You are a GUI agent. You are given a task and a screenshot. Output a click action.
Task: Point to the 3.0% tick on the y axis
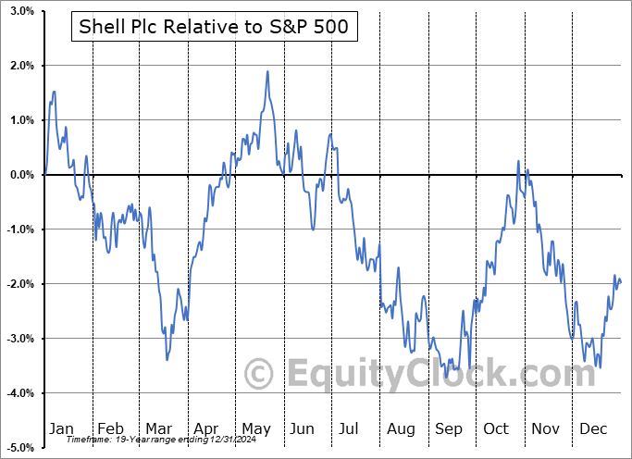tap(20, 11)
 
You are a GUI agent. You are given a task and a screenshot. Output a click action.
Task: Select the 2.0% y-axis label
tap(20, 66)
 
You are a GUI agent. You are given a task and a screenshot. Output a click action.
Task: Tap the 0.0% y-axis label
tap(20, 175)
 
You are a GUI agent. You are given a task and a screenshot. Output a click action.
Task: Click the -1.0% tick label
tap(19, 229)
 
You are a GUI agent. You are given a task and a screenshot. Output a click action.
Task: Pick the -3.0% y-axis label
tap(19, 339)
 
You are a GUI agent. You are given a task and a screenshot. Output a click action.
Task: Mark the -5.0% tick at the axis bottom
tap(19, 448)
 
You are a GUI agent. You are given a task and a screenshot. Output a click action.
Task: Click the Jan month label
tap(60, 428)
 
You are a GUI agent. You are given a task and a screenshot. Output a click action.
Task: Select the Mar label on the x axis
tap(159, 428)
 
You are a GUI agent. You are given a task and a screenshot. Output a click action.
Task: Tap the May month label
tap(255, 428)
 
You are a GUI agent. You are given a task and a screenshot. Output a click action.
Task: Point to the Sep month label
tap(448, 428)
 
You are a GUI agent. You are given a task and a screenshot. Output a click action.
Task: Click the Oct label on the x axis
tap(496, 428)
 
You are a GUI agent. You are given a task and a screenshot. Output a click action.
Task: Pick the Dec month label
tap(593, 428)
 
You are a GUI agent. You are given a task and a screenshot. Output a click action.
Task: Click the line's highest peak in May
tap(268, 71)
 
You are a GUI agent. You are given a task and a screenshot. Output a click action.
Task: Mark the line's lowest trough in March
tap(167, 359)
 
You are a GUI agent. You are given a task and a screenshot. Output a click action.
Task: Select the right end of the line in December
tap(620, 282)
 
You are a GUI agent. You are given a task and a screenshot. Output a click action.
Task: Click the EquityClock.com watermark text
tap(407, 375)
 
